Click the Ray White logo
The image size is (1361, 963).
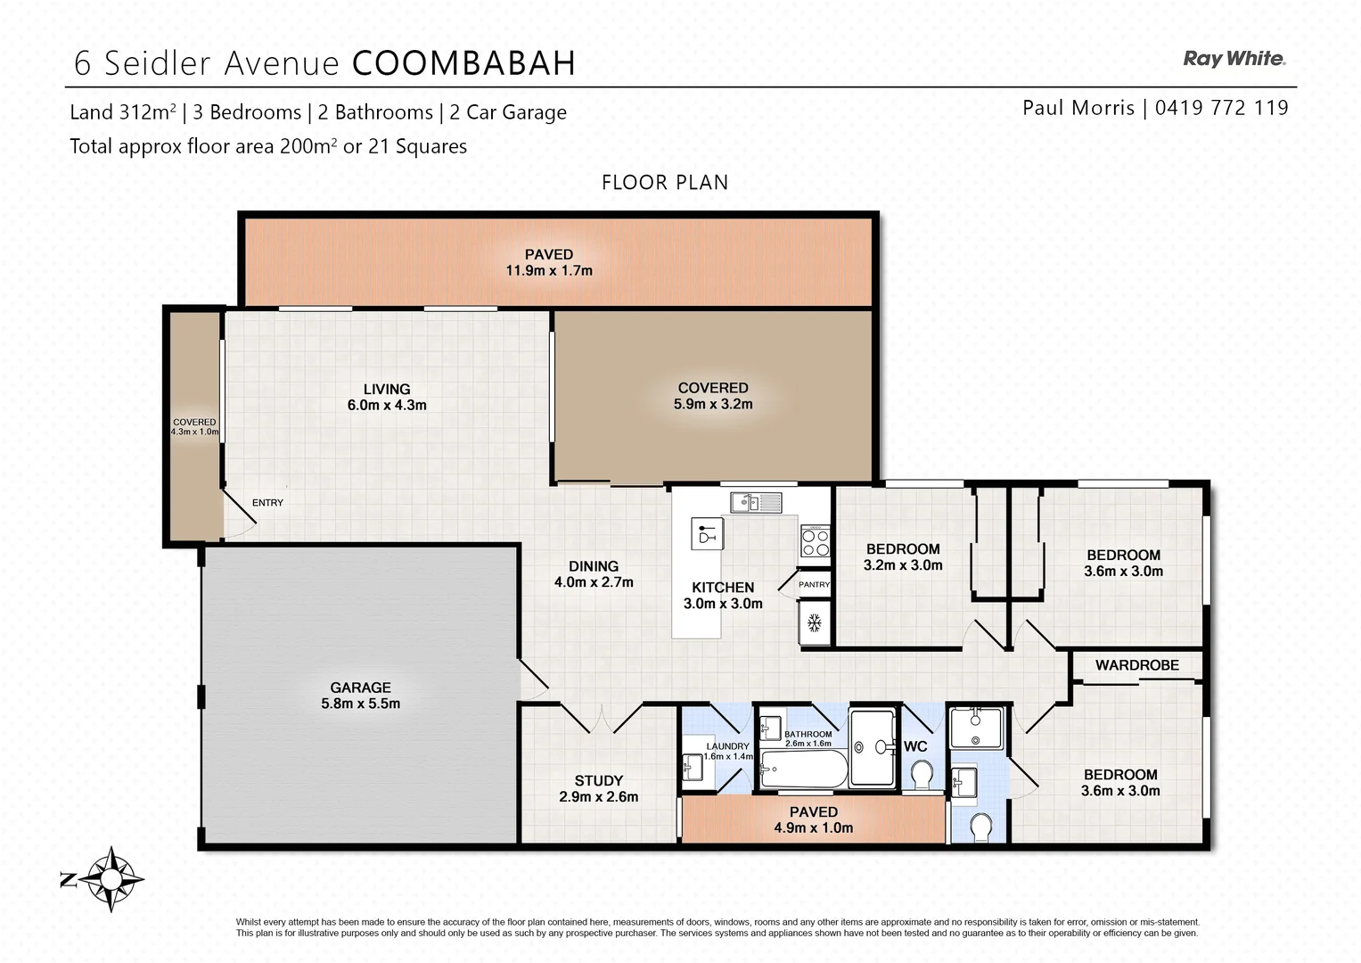pos(1234,59)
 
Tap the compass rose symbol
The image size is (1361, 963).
pos(111,879)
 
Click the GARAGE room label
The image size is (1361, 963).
pos(360,687)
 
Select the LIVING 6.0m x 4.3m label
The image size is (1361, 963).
pos(387,397)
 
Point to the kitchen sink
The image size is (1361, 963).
pos(756,503)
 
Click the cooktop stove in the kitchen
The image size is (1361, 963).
pos(815,541)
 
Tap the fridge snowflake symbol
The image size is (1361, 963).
pos(814,623)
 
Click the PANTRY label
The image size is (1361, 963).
pos(814,585)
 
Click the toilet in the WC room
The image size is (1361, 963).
pos(922,775)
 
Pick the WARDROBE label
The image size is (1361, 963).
pos(1136,665)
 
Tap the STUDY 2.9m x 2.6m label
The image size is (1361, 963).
pos(598,788)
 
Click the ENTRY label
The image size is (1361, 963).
pos(267,503)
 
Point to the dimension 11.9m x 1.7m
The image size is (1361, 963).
pos(549,270)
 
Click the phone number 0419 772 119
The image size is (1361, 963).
pos(1221,108)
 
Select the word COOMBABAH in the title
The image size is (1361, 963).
pos(463,63)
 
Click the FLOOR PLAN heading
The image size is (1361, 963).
pos(665,183)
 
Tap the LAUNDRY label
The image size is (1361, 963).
pos(727,746)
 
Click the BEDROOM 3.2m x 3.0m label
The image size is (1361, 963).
pos(903,556)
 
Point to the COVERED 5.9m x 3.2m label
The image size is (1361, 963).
pos(713,395)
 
